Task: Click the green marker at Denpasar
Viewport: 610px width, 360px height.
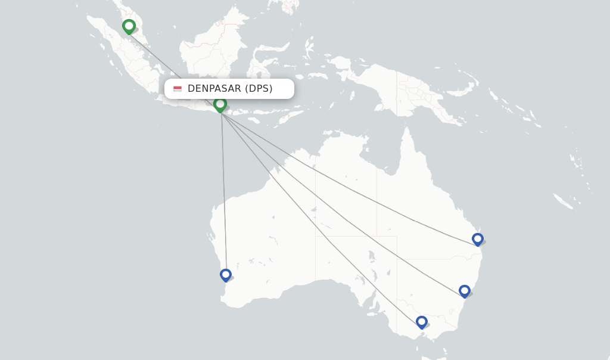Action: point(220,104)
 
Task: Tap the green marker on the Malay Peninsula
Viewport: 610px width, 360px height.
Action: point(129,26)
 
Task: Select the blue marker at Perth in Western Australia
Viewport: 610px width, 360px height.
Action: point(225,275)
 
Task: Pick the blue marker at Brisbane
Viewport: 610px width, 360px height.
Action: point(477,239)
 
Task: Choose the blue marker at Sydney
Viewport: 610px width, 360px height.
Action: point(465,291)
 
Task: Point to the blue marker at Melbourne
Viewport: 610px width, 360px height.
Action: point(422,322)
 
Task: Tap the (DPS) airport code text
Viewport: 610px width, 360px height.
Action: point(259,89)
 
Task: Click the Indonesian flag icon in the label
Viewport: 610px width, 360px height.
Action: point(178,89)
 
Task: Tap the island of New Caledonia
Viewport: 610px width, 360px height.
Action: point(563,201)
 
